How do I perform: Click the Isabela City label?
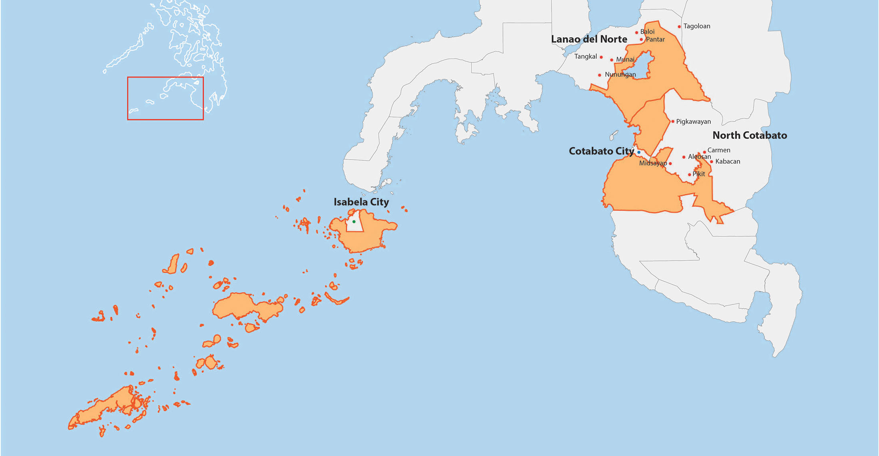361,202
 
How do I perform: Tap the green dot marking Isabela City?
354,222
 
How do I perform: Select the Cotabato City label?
601,151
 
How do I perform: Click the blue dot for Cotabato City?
639,152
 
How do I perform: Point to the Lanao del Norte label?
589,39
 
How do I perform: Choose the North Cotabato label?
750,136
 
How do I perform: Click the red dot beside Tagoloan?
679,27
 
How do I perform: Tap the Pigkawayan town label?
693,122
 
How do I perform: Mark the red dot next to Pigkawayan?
673,121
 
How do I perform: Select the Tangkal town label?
585,56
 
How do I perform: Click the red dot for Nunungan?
599,75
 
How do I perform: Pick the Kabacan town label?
728,162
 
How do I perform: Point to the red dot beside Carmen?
704,152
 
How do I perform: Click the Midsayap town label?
653,163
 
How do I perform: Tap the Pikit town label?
699,174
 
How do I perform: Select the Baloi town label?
647,32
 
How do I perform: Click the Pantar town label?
655,39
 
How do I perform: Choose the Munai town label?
625,60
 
